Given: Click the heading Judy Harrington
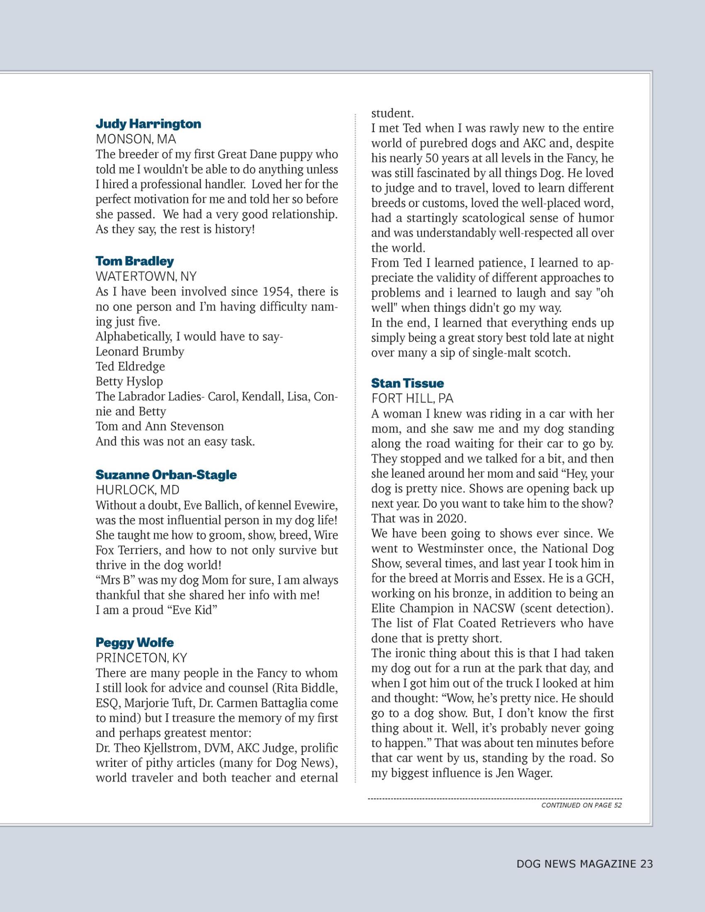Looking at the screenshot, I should (x=148, y=124).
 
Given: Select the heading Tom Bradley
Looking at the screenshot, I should (x=134, y=261).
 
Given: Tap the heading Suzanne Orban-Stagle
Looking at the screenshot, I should (x=166, y=475).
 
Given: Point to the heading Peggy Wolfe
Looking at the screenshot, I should (x=134, y=642).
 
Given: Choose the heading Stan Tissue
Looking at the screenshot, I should (x=407, y=383).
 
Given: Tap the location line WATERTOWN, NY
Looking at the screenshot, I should (x=146, y=277).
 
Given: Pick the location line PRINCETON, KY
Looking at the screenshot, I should (x=141, y=658).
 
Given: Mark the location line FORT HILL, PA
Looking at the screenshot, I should (x=412, y=398).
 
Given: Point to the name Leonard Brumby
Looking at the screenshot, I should (x=140, y=352).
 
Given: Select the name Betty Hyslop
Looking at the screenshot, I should (x=129, y=382).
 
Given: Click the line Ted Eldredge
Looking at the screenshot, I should (x=130, y=366).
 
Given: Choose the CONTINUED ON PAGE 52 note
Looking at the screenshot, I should (x=581, y=805).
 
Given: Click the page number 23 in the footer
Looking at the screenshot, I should (x=645, y=864).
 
